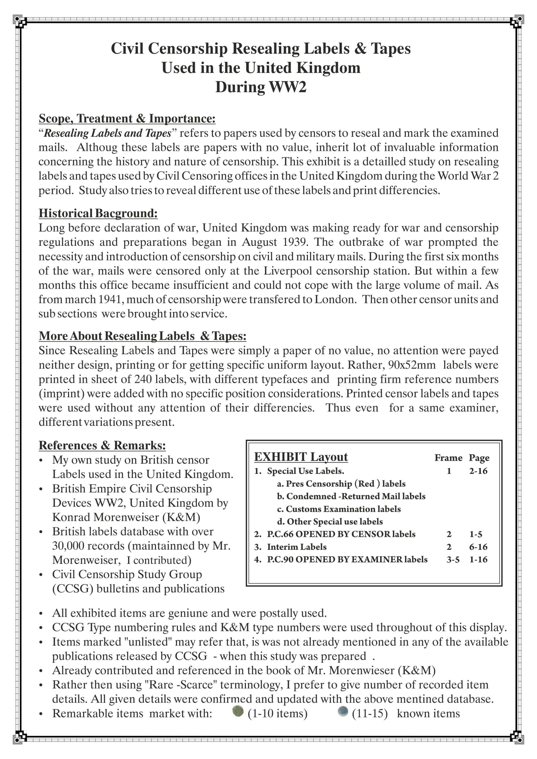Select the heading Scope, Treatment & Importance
[127, 118]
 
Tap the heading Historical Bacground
[98, 213]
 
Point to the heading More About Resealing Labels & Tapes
[143, 336]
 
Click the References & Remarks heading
[102, 445]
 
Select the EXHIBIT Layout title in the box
[301, 457]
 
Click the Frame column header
[448, 458]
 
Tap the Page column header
[479, 458]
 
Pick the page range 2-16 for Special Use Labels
[478, 471]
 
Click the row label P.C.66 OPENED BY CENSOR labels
[341, 534]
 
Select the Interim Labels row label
[297, 547]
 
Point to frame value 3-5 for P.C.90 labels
[453, 559]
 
